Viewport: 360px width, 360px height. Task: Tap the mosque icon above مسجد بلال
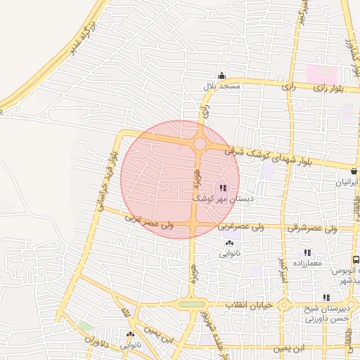222,76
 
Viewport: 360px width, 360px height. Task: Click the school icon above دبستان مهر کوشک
223,188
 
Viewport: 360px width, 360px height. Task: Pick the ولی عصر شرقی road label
312,228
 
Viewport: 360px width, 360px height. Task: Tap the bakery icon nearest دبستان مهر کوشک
229,243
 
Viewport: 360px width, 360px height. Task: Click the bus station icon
356,260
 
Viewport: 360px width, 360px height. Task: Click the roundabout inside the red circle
200,144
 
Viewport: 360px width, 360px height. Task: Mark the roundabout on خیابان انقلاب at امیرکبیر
284,306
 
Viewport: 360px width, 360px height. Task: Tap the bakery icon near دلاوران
130,335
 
